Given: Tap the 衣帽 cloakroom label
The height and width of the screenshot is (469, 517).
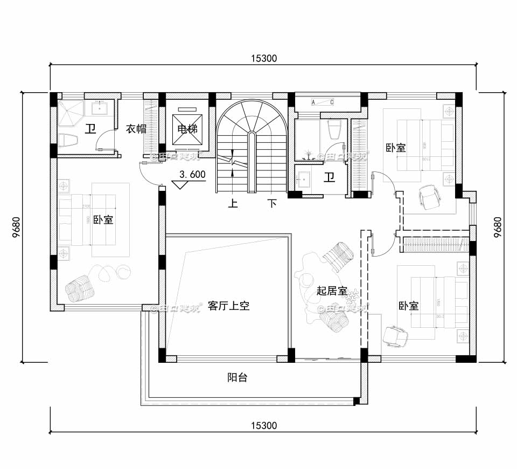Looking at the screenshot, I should point(136,129).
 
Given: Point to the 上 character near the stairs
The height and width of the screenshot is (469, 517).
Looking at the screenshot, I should point(233,204).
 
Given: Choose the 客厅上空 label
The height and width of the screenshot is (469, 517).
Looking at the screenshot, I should point(228,306).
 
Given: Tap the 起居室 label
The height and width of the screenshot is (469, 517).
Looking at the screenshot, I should point(331,291).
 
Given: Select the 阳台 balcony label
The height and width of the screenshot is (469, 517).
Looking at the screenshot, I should point(237,377).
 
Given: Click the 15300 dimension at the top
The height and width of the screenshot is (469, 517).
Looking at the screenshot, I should point(263,59).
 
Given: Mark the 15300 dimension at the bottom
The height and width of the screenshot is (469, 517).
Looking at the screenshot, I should point(263,425).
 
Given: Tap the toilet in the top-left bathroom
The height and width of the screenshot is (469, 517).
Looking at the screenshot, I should point(68,141).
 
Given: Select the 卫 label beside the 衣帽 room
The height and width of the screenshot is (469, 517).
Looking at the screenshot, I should point(90,128).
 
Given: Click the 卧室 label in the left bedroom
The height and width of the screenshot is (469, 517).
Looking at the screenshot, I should point(103,220).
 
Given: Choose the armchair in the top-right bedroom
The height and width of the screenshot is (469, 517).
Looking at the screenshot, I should point(429,197).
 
